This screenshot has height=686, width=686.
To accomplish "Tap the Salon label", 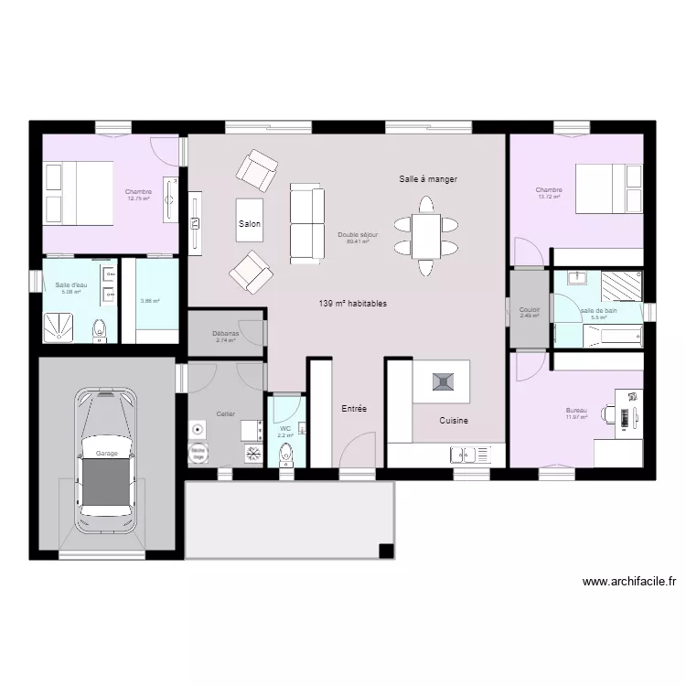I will pos(250,224).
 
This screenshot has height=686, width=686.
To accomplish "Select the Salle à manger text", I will pos(427,180).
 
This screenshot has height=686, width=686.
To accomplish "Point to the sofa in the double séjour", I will pos(306,223).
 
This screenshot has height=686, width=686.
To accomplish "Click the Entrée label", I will pos(354,409).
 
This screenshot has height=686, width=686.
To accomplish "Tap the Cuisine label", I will pos(454,421).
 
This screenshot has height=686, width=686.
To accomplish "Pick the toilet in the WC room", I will pos(284,456).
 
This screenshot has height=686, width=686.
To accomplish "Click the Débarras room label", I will pos(226,335).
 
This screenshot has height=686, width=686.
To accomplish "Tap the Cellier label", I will pos(226,414).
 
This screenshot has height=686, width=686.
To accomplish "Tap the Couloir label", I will pos(530,311).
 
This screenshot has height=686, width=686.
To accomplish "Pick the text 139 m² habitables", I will pos(352,304).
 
